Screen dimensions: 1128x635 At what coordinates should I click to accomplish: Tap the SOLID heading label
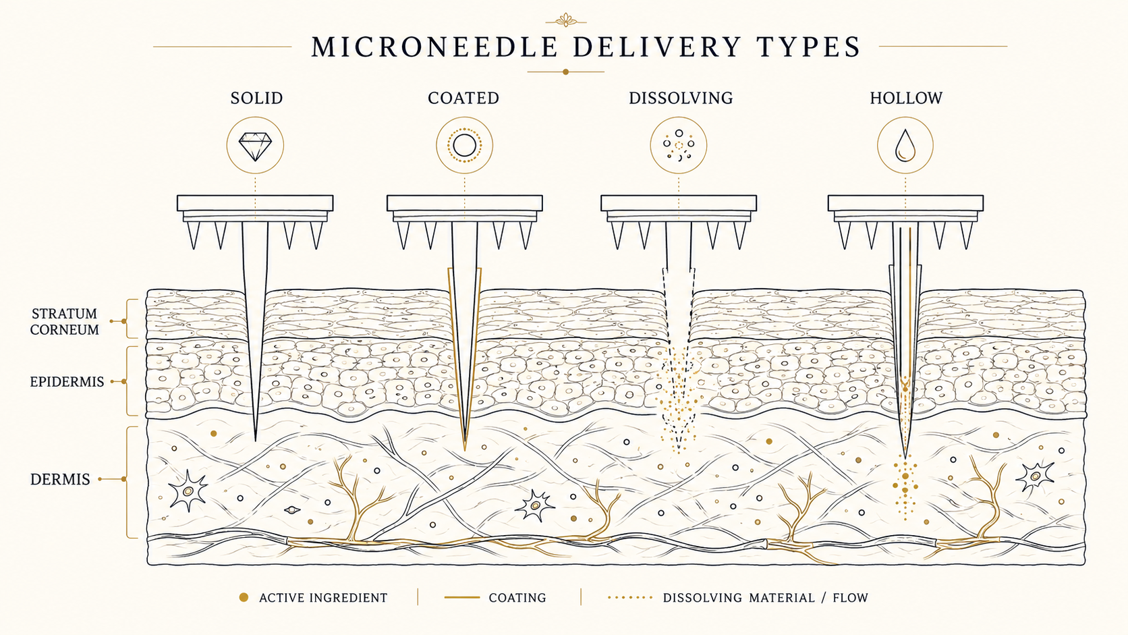(257, 98)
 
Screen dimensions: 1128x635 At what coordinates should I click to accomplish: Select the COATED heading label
(463, 98)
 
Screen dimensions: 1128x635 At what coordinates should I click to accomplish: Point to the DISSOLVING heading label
(681, 98)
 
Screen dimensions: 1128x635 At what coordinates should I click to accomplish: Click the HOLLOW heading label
(907, 98)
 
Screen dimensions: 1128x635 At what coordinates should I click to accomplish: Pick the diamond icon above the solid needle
(255, 146)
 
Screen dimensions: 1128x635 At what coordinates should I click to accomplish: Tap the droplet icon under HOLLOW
(905, 146)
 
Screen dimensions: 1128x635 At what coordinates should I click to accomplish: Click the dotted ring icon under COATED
(464, 146)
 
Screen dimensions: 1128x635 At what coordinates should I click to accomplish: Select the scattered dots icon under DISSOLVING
(679, 146)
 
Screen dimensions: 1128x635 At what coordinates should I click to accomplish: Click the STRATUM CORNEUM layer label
(65, 322)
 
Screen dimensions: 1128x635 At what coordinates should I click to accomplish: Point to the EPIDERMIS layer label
(67, 382)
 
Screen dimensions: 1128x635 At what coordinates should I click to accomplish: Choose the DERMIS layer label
(60, 479)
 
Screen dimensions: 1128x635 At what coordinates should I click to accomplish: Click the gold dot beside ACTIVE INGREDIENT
(244, 597)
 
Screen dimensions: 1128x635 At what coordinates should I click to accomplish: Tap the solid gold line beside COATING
(461, 598)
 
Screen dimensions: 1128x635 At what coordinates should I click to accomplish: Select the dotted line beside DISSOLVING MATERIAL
(630, 598)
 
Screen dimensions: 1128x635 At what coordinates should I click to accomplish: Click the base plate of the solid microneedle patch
(255, 203)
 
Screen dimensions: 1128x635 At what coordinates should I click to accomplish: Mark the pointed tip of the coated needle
(464, 449)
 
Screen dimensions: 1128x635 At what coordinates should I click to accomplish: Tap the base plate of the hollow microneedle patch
(905, 203)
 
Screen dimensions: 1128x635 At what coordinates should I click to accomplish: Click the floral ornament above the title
(566, 20)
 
